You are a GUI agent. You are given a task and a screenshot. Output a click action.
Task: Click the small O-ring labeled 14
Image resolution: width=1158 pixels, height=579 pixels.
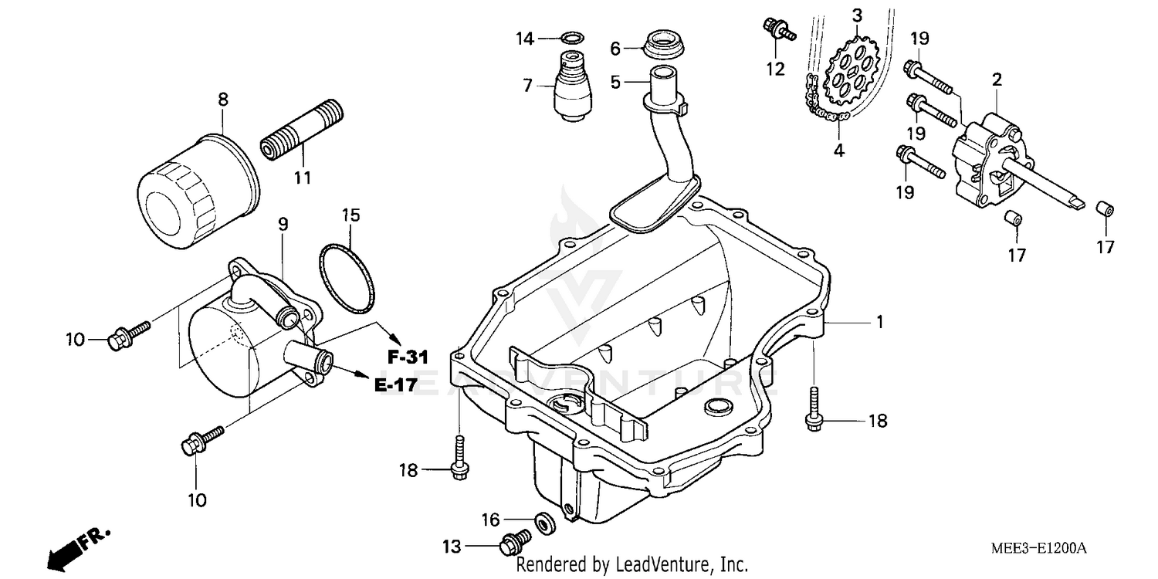571,37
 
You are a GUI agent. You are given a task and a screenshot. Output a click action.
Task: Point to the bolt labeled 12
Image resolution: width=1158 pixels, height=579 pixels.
777,30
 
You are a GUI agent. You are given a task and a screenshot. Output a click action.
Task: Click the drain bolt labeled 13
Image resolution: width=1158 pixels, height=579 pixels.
513,544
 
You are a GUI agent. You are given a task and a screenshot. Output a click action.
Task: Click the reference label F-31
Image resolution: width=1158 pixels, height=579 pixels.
408,357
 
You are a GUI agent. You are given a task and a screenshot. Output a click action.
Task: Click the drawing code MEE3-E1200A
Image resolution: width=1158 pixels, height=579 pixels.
1038,548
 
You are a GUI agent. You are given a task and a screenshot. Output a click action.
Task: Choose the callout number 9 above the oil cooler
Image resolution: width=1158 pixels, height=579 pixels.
283,225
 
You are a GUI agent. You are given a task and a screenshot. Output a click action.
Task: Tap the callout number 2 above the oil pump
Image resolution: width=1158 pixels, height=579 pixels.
997,79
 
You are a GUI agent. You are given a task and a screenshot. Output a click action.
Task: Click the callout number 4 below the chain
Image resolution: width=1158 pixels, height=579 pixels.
838,151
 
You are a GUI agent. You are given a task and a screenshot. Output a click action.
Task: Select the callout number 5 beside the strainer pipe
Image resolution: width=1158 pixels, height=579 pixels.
615,82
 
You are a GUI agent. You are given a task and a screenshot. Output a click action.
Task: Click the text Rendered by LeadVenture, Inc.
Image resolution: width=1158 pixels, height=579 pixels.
631,565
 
